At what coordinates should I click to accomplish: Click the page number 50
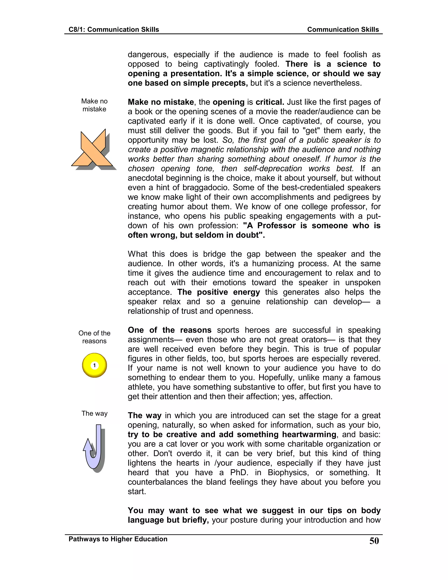tap(374, 541)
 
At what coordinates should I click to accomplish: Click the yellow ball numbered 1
tap(94, 365)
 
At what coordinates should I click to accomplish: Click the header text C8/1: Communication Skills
tap(114, 30)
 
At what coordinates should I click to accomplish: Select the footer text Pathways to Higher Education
tap(118, 539)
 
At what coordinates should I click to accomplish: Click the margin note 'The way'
tap(94, 413)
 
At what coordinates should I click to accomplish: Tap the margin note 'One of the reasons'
tap(94, 337)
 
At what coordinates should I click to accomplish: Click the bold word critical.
tap(269, 102)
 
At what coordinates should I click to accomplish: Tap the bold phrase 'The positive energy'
tap(219, 292)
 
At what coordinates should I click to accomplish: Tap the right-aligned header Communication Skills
tap(343, 30)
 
